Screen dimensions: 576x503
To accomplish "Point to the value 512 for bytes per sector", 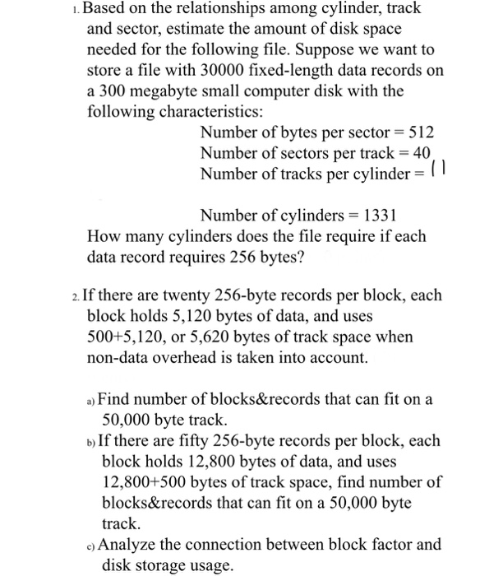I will pyautogui.click(x=419, y=132).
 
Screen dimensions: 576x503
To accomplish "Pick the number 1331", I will pyautogui.click(x=376, y=216).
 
